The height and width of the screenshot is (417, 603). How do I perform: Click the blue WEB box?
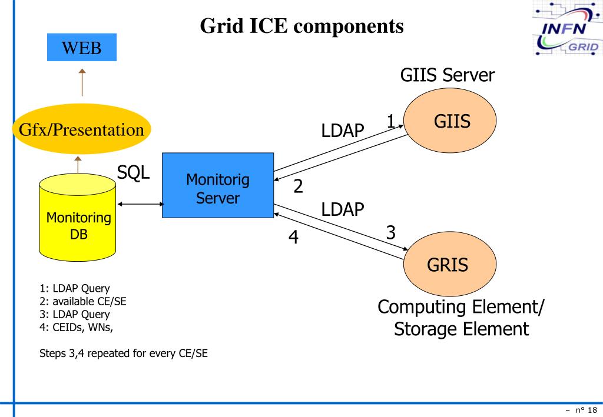point(82,48)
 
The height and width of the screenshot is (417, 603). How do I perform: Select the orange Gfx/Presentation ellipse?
point(82,129)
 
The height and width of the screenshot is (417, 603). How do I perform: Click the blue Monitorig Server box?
point(217,186)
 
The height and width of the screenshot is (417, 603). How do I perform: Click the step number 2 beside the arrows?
point(299,186)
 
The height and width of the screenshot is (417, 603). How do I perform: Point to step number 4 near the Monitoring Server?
point(293,238)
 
